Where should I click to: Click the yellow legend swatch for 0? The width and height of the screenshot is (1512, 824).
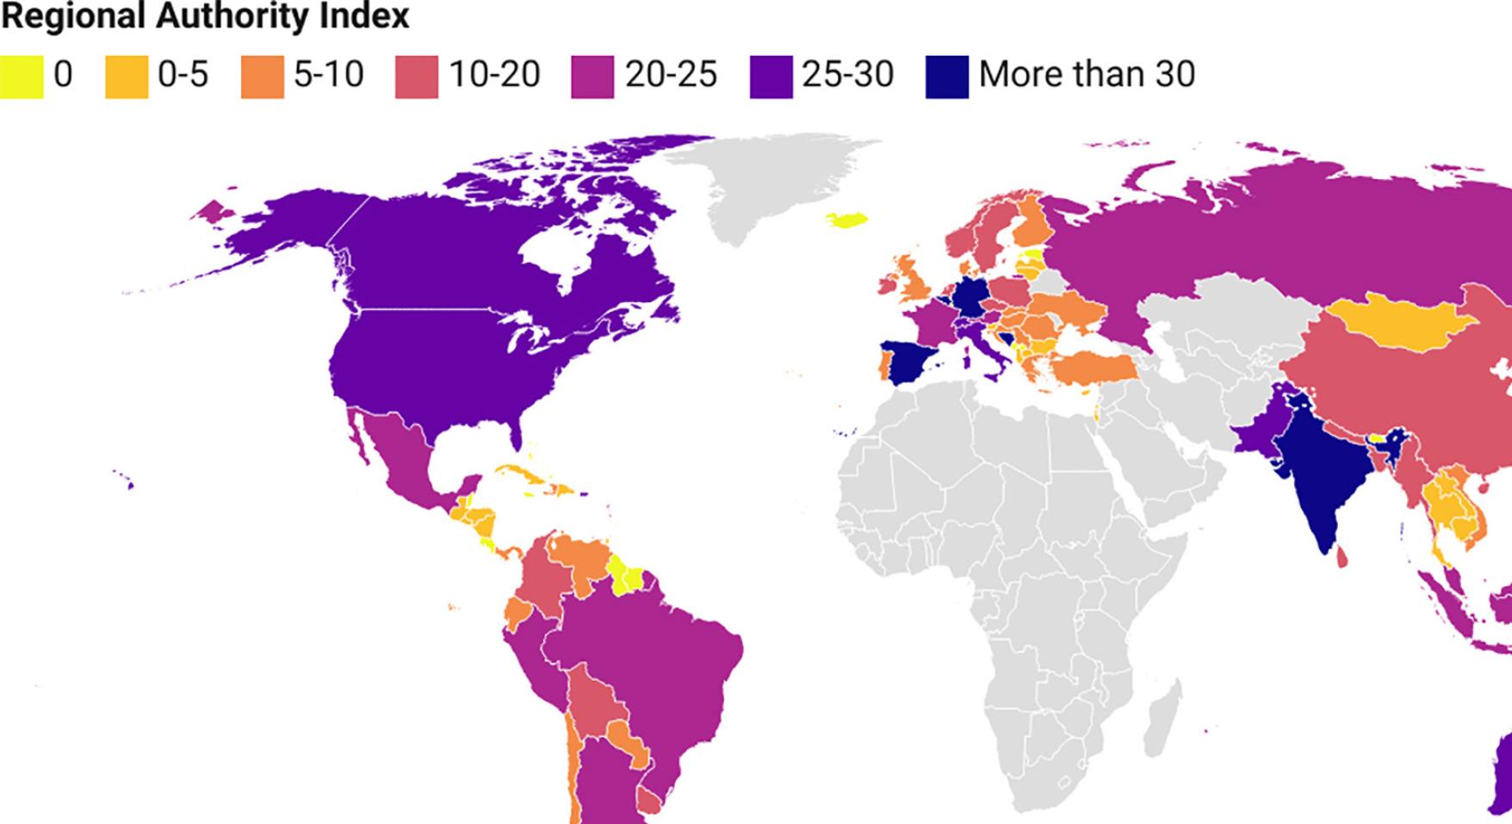[x=21, y=76]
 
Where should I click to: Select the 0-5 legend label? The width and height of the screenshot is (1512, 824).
[x=183, y=75]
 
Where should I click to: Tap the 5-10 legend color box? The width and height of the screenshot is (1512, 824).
[x=262, y=76]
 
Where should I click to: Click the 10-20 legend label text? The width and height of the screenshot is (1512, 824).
[x=494, y=75]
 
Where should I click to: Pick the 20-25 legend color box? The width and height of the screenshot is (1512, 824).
[x=592, y=76]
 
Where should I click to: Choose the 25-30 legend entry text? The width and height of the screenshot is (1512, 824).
[x=847, y=75]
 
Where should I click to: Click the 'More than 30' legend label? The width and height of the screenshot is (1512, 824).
[x=1087, y=75]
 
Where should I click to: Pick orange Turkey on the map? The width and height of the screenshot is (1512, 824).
[x=1090, y=369]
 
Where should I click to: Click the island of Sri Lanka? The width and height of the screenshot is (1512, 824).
[x=1342, y=559]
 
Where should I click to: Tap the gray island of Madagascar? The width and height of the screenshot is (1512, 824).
[x=1162, y=715]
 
